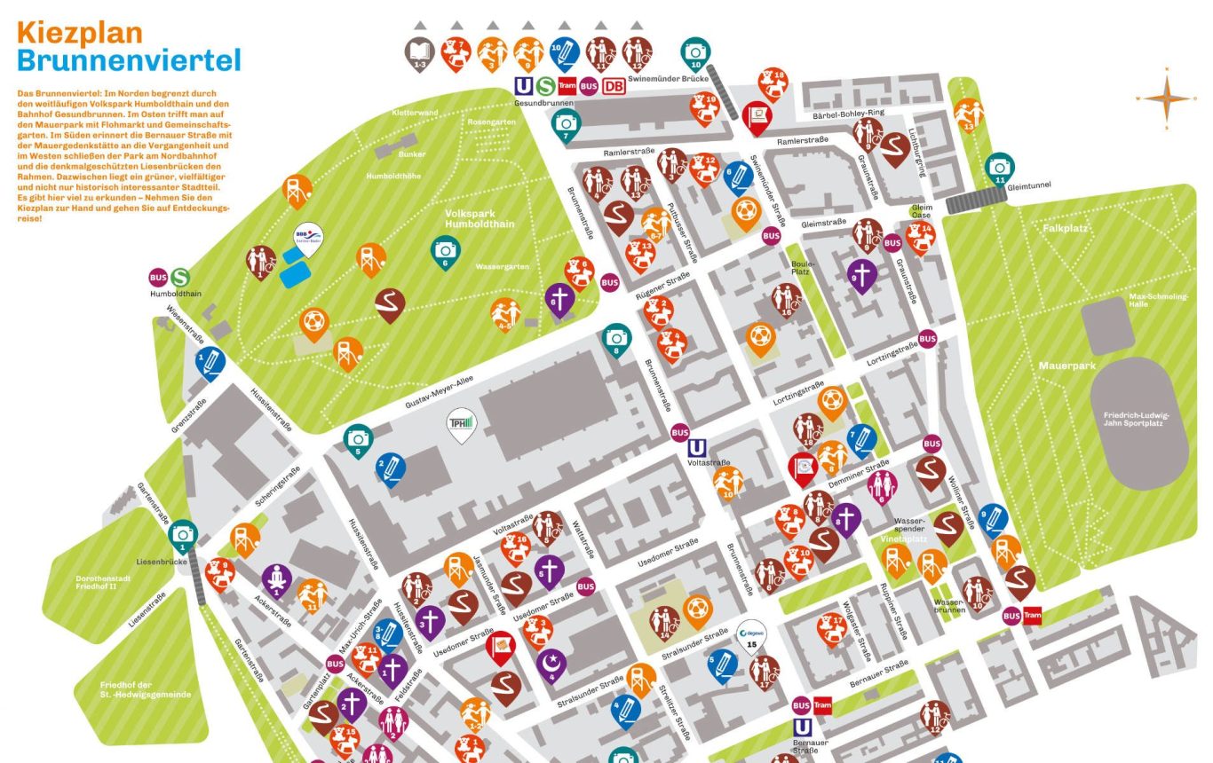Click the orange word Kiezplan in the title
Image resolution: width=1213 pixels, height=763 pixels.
pos(80,33)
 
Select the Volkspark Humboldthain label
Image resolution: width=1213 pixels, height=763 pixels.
pos(480,218)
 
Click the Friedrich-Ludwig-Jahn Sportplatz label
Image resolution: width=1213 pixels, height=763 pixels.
pos(1138,419)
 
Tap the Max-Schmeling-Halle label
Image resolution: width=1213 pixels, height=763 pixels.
pos(1158,300)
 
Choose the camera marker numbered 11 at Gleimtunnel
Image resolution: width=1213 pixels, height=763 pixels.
pos(1000,167)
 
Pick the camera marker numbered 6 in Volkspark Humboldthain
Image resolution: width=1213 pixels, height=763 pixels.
pos(446,251)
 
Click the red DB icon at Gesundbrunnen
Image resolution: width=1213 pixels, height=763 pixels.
pos(614,86)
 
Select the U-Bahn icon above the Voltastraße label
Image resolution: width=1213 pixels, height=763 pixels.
pos(698,447)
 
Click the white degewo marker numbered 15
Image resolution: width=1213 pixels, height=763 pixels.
pos(752,635)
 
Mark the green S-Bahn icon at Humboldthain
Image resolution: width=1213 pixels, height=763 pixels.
pos(181,278)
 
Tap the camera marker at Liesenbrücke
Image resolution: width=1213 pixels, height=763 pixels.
pos(183,534)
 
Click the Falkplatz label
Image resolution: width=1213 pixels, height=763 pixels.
pos(1065,228)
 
